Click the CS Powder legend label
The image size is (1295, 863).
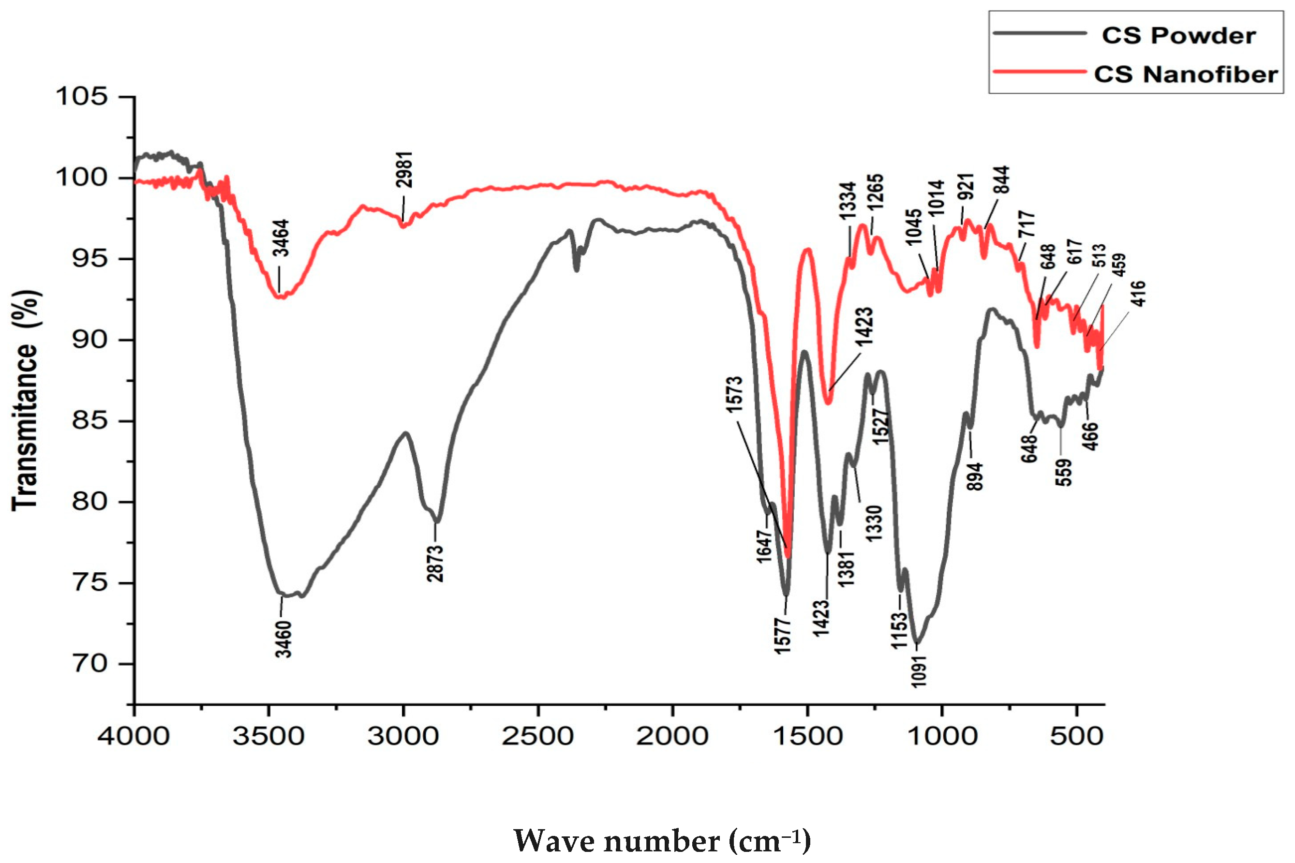[1178, 36]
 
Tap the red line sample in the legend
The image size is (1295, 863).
[1039, 72]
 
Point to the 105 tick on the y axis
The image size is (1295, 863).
[81, 97]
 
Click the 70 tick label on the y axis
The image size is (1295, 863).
[89, 664]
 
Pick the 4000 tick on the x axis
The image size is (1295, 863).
[134, 736]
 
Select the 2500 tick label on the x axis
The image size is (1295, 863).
[538, 736]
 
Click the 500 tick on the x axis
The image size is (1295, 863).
[1076, 736]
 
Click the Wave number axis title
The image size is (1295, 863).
[662, 840]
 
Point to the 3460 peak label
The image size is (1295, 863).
[283, 639]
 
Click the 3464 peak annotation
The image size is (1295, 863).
[281, 238]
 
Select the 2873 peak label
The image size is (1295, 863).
[435, 563]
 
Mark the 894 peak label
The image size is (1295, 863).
[974, 476]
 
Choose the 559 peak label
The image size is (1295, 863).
[1064, 472]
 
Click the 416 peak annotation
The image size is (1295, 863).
[1139, 293]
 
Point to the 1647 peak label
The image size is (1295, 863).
[764, 547]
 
